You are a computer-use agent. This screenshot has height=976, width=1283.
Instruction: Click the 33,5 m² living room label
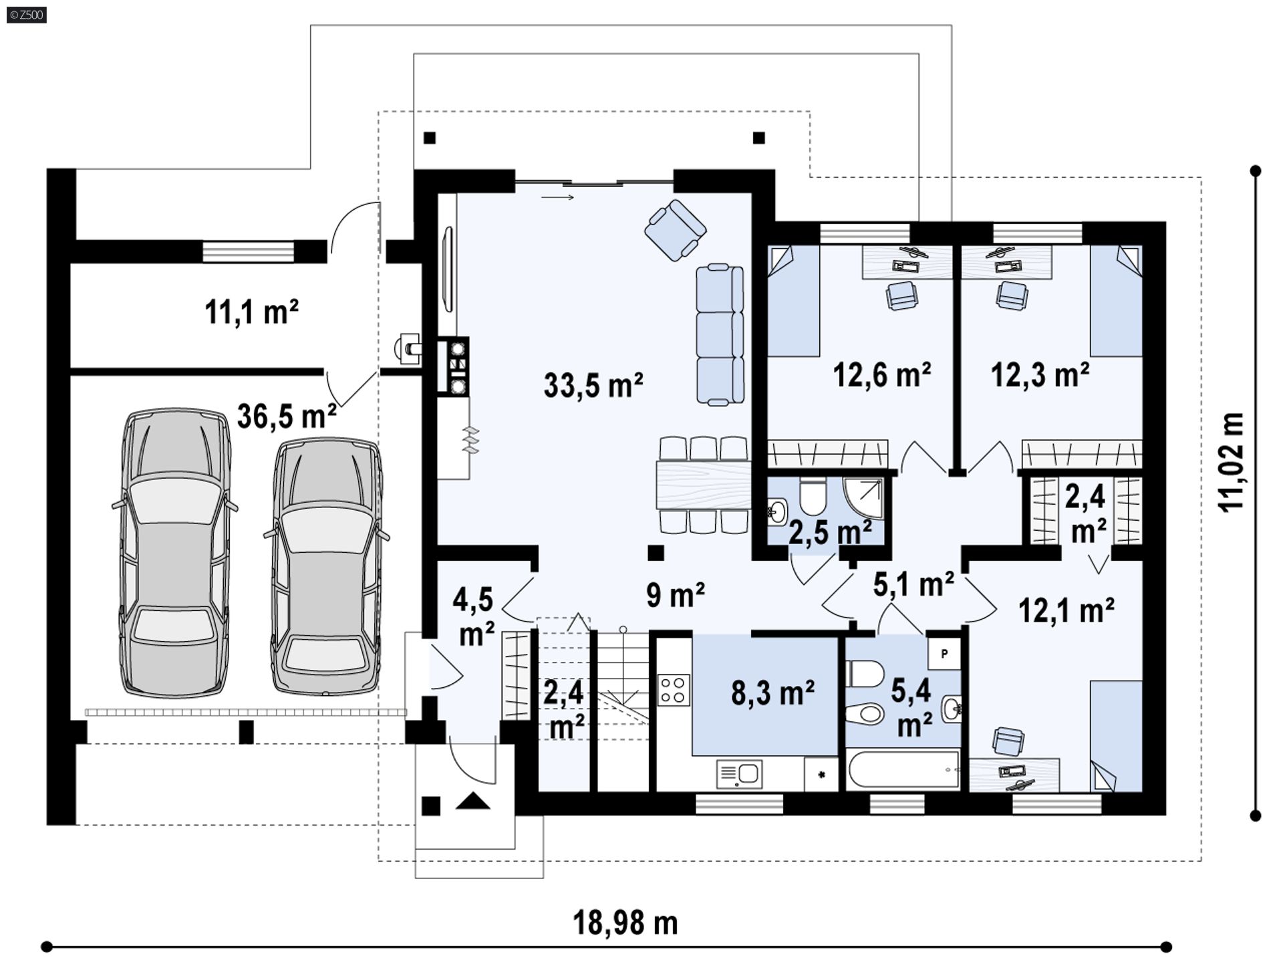(593, 385)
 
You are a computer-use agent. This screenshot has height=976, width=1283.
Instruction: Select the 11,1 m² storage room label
(251, 312)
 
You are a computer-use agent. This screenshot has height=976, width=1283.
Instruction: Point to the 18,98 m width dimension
(625, 923)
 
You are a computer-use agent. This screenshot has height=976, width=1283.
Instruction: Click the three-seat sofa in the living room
(720, 334)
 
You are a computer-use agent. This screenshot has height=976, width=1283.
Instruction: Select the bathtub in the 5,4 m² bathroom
(903, 770)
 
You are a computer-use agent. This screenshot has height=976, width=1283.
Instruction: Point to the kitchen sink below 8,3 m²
(739, 774)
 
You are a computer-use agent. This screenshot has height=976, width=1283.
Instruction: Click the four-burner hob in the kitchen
(674, 690)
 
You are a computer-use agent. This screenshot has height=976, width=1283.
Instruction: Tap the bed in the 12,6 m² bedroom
(793, 301)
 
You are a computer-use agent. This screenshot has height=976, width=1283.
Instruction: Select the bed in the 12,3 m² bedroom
(1116, 301)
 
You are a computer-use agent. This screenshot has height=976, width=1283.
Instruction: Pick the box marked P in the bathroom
(944, 654)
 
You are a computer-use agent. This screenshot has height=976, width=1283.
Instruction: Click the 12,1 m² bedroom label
(1066, 609)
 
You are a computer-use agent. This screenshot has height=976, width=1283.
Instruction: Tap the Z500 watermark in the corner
(26, 14)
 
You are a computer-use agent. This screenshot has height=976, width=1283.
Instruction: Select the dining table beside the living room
(704, 485)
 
